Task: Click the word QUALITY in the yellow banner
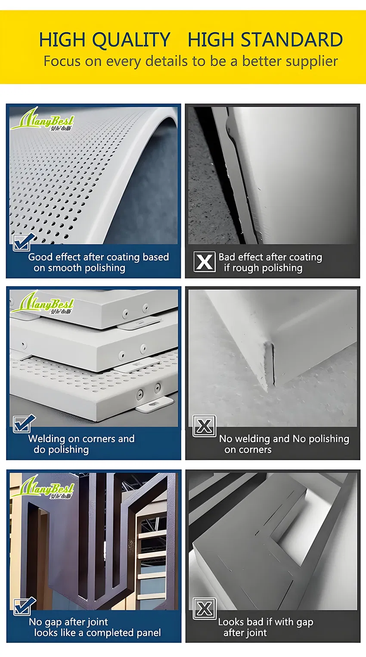[131, 40]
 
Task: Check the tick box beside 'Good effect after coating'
[23, 242]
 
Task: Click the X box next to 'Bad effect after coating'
[204, 262]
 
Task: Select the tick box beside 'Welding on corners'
[23, 424]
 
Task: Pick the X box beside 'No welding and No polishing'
[204, 426]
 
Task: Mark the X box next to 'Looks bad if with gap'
[205, 609]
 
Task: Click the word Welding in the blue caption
[47, 439]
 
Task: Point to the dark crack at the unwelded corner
[273, 364]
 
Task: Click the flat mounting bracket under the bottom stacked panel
[155, 404]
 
